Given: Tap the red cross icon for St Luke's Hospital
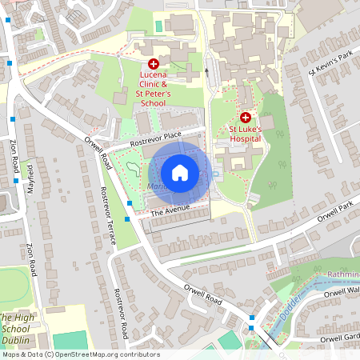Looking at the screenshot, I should pos(246,116).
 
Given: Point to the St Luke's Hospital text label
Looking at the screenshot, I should pos(246,134).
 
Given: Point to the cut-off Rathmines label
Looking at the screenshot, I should pos(343,276).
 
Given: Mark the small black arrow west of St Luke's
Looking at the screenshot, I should pos(206,71).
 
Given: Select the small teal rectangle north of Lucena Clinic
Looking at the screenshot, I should pos(158,26).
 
